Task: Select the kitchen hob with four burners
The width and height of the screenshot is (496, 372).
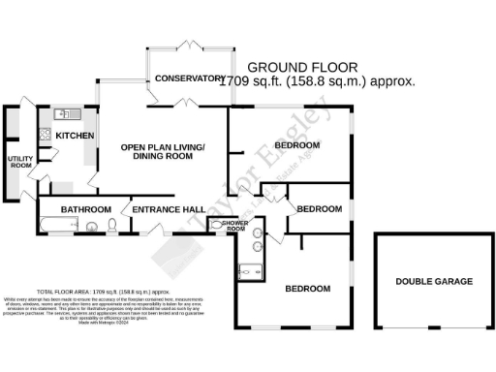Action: (x=44, y=133)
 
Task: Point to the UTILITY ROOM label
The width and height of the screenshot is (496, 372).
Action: (x=19, y=162)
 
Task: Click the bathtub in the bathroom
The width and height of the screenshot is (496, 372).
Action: (x=59, y=228)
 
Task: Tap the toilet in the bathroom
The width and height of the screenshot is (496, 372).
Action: (x=113, y=226)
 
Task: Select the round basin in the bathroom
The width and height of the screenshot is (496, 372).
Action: (x=92, y=229)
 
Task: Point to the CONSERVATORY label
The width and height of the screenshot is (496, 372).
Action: (x=189, y=77)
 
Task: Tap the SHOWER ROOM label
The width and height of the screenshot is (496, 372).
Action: (x=235, y=227)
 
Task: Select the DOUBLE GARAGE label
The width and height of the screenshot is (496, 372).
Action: (x=433, y=282)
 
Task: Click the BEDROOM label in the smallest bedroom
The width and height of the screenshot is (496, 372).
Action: (x=319, y=209)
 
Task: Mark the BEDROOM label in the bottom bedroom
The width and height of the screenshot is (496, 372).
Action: (x=307, y=289)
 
